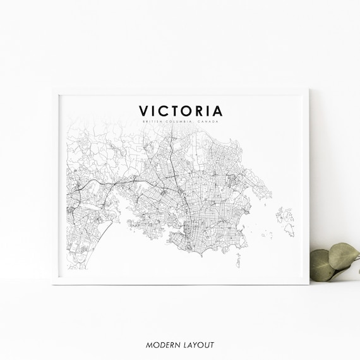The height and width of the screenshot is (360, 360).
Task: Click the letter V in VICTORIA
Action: [145, 111]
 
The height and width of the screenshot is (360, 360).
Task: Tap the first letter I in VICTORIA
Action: [155, 111]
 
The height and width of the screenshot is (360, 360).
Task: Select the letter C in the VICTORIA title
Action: [165, 111]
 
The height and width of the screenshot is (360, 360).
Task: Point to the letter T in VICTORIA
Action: [177, 111]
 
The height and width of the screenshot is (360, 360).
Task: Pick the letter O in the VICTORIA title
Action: [189, 111]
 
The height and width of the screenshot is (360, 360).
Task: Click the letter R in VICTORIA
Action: [202, 111]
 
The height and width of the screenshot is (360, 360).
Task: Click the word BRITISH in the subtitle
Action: [153, 121]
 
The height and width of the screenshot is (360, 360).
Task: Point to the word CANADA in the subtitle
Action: [208, 121]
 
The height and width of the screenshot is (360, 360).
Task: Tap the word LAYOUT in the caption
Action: [199, 344]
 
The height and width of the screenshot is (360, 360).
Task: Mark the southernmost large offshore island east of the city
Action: [288, 228]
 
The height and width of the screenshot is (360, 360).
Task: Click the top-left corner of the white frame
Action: [53, 90]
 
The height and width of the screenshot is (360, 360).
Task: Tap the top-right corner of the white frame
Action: [309, 90]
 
